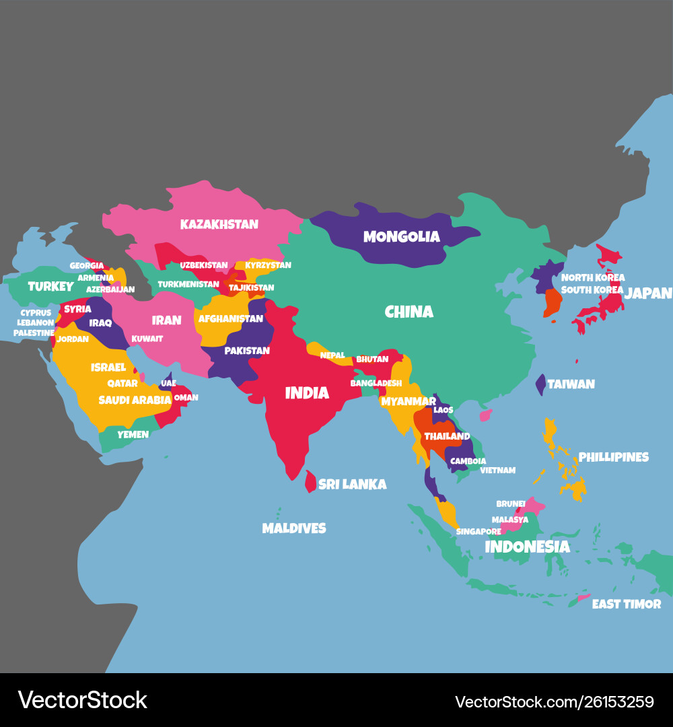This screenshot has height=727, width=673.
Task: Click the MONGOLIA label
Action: [x=401, y=237]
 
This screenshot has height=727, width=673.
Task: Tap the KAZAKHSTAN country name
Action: [x=219, y=224]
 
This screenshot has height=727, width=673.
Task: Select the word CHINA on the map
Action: [x=409, y=312]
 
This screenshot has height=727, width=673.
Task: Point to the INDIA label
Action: [x=307, y=393]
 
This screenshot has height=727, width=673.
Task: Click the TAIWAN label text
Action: [x=571, y=384]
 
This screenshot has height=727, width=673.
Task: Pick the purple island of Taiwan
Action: [x=540, y=385]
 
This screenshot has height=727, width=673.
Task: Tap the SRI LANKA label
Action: [x=352, y=484]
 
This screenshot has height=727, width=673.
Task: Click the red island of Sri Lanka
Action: [x=310, y=481]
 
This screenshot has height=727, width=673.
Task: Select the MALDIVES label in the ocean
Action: [x=293, y=528]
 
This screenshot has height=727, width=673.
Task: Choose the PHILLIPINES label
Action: [x=613, y=457]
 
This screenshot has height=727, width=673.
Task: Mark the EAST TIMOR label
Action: [x=626, y=604]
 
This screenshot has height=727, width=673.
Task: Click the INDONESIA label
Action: [x=527, y=547]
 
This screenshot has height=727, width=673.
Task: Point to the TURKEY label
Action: [x=50, y=287]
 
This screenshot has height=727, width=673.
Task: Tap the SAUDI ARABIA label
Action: [x=135, y=400]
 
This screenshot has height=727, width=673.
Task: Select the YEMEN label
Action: [x=133, y=435]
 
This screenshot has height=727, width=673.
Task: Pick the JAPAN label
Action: [x=647, y=293]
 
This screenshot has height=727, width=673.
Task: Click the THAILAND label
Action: [x=447, y=436]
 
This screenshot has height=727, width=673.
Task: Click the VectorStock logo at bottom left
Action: [x=82, y=700]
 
